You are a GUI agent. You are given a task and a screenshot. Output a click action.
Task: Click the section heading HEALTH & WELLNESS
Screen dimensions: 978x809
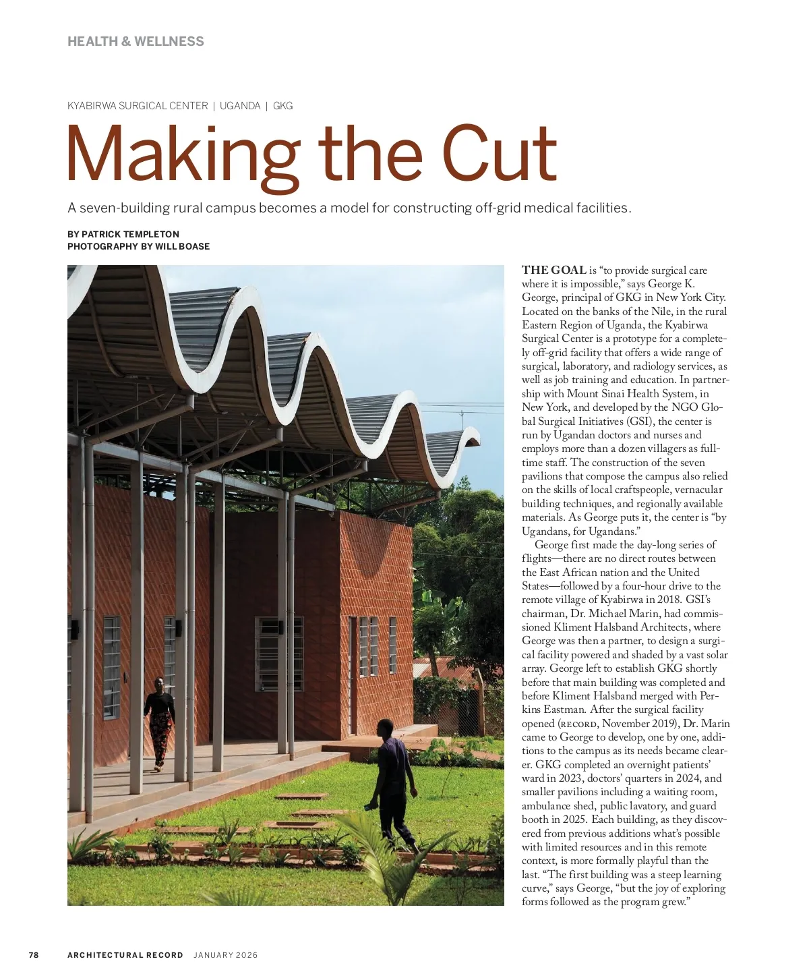[136, 41]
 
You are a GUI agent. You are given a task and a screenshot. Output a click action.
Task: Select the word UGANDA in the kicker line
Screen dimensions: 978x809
[240, 106]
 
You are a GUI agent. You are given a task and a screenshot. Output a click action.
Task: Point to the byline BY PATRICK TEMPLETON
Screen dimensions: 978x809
[123, 234]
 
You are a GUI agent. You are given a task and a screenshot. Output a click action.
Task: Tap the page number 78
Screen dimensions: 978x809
[34, 954]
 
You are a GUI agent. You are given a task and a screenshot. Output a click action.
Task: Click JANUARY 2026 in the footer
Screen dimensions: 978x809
[226, 954]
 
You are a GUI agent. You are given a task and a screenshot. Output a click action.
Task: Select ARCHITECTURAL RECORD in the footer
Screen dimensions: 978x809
[125, 954]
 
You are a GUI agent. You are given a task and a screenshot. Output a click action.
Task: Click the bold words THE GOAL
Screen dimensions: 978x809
[554, 270]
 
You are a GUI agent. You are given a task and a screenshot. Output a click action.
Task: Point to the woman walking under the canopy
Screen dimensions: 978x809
[159, 722]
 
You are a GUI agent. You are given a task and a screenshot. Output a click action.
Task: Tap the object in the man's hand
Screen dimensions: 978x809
[370, 806]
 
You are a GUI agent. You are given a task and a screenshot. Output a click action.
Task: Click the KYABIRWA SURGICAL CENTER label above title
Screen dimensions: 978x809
[138, 106]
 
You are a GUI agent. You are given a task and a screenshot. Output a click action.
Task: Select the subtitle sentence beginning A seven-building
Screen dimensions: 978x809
[349, 208]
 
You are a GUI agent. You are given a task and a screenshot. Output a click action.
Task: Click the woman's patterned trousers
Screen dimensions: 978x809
[160, 739]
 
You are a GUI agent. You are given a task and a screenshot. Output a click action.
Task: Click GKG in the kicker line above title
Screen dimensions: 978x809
[283, 106]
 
